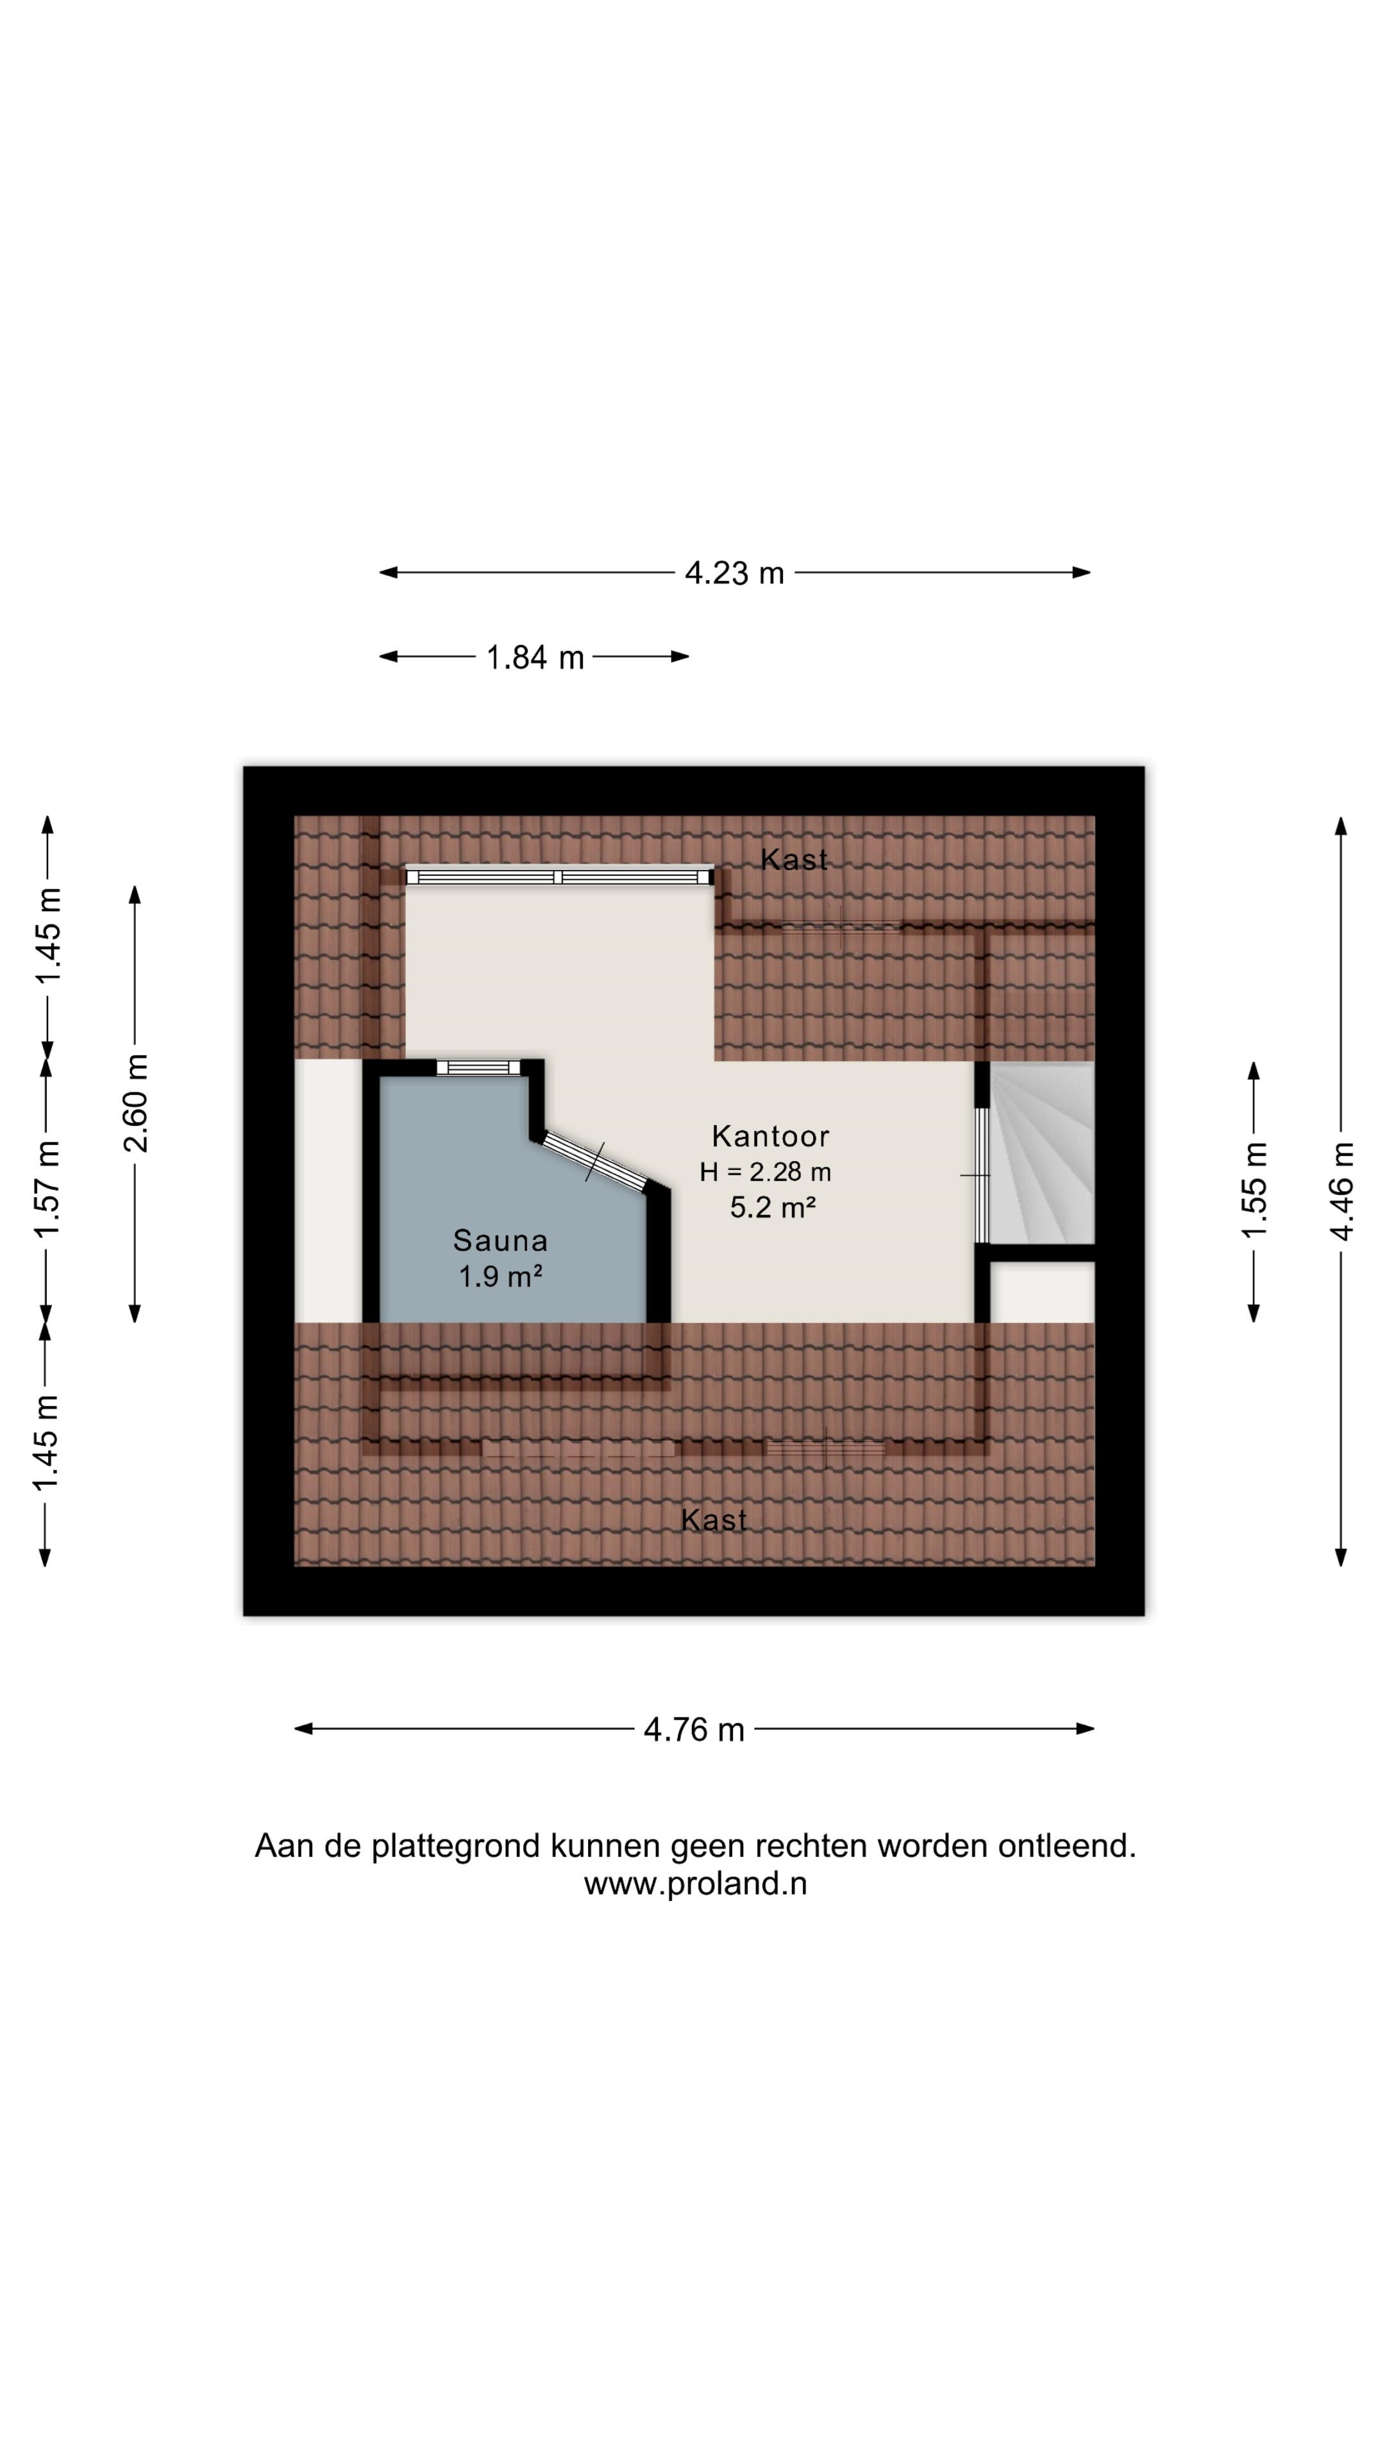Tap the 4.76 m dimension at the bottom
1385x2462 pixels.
click(693, 1729)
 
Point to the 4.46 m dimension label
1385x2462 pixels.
click(1341, 1191)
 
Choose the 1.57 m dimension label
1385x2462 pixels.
click(47, 1188)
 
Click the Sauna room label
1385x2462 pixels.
click(500, 1241)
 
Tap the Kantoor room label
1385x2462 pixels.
click(770, 1135)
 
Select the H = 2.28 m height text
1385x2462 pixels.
click(765, 1172)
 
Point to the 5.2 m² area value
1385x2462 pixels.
click(772, 1207)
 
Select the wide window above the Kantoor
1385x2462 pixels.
click(559, 876)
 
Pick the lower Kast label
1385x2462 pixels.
click(714, 1520)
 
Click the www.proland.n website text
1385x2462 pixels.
click(695, 1883)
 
